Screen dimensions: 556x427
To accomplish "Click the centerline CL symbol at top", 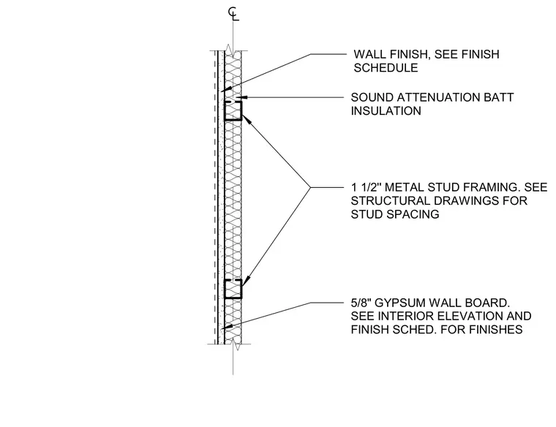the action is coord(233,14).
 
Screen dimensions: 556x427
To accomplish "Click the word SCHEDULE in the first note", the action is coord(386,68).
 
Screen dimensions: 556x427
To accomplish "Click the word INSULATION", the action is coord(386,111).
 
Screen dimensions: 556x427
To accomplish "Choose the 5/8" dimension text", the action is coord(361,303).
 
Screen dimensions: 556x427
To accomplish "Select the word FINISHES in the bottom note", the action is coord(495,330).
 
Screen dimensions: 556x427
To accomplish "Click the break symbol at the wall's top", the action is coord(233,50).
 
